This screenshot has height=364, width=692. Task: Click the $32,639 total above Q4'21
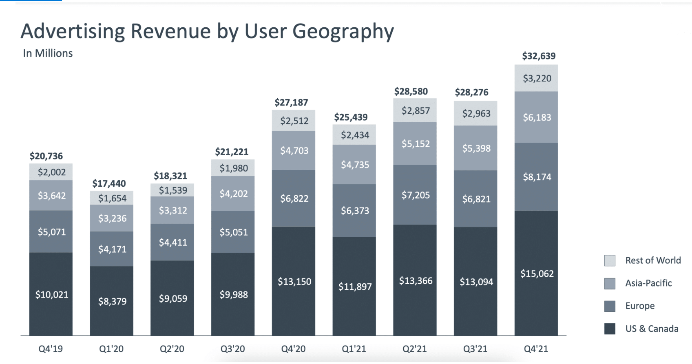[x=539, y=56]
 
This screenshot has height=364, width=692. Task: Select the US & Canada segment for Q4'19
[x=51, y=294]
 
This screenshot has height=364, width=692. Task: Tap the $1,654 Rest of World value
[x=112, y=198]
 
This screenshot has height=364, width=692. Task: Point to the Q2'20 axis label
[x=172, y=349]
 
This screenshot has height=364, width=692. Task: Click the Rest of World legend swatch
[x=610, y=260]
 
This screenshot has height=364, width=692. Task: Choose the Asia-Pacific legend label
[x=648, y=283]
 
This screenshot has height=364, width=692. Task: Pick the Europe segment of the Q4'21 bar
[x=537, y=177]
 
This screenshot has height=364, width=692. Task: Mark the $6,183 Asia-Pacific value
[x=537, y=117]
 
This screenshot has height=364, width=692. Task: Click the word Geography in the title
[x=343, y=31]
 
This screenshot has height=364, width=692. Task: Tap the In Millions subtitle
[x=48, y=53]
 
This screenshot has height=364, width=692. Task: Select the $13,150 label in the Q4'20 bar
[x=294, y=282]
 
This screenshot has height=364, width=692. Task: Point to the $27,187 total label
[x=291, y=103]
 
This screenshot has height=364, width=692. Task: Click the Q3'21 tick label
[x=475, y=349]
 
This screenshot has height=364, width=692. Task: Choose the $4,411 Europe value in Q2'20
[x=173, y=243]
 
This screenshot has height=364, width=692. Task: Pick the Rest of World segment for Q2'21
[x=415, y=110]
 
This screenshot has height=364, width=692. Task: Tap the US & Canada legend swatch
[x=610, y=329]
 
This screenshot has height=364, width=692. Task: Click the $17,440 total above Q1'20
[x=109, y=183]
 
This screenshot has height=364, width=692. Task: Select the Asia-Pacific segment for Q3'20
[x=233, y=194]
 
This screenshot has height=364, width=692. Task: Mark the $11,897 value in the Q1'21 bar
[x=355, y=287]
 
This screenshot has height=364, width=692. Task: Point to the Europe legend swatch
[x=610, y=306]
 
